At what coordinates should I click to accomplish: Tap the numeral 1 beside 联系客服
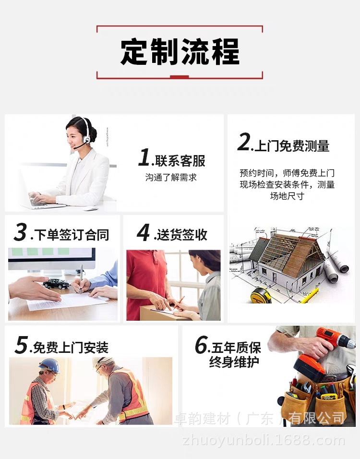[x=144, y=157]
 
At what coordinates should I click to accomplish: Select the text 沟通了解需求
[x=171, y=178]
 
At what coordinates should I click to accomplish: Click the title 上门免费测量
[x=291, y=146]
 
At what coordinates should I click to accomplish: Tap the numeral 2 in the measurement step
[x=244, y=143]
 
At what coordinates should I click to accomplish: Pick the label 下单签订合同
[x=70, y=235]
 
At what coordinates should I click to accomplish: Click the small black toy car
[x=56, y=283]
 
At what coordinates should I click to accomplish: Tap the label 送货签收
[x=180, y=234]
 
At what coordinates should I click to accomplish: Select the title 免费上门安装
[x=70, y=347]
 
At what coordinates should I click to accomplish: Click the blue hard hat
[x=49, y=365]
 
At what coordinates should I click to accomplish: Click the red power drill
[x=322, y=350]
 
